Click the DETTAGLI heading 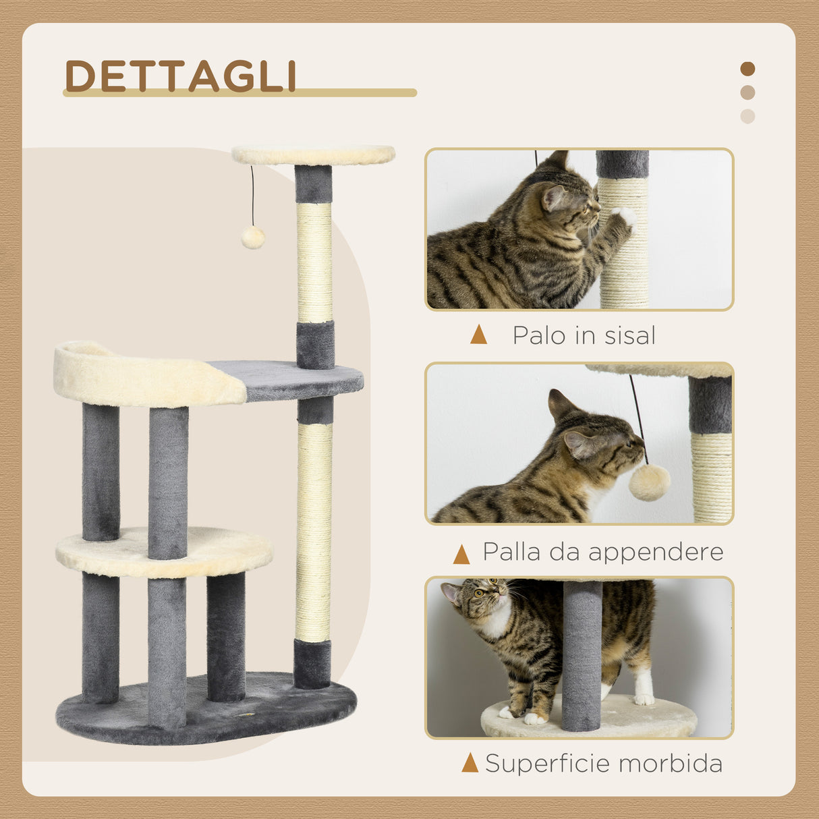click(x=181, y=76)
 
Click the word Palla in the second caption click(x=512, y=552)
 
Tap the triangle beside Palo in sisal click(x=478, y=335)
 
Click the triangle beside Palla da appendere click(x=461, y=555)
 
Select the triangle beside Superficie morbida click(x=470, y=763)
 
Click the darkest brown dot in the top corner click(x=747, y=69)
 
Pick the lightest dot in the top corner click(x=747, y=116)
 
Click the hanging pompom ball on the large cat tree click(x=253, y=237)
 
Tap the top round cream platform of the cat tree click(x=313, y=154)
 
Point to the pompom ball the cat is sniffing click(x=649, y=482)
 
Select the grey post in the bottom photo click(x=582, y=654)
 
